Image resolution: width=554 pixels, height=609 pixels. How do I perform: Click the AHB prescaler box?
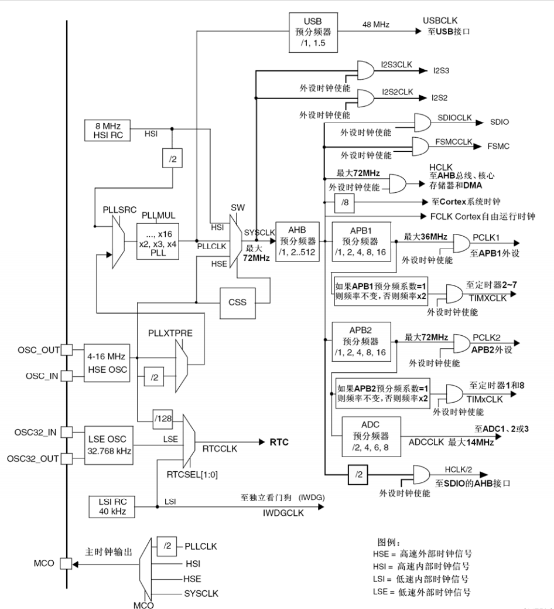pos(297,241)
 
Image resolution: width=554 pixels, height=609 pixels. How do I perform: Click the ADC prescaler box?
pos(371,436)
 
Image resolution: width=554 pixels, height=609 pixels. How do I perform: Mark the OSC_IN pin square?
pos(67,375)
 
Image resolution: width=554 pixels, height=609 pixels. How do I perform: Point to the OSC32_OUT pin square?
pos(67,458)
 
